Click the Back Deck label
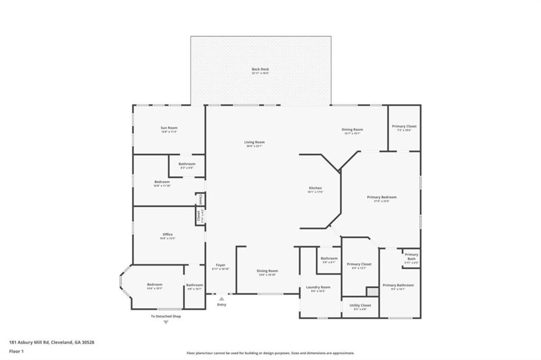coord(260,69)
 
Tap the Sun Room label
coord(169,128)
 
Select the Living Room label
coord(254,142)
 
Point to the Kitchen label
coord(315,188)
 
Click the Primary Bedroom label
coord(381,197)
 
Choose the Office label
coord(167,235)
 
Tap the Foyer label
coord(220,265)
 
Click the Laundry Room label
coord(318,287)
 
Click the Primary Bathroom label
coord(398,285)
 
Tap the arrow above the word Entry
coord(221,299)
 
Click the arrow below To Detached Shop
coord(165,322)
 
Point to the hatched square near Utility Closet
coord(372,291)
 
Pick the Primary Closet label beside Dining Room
coord(404,127)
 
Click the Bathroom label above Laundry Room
coord(329,259)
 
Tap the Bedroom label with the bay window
coord(155,285)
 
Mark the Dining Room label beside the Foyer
coord(268,271)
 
